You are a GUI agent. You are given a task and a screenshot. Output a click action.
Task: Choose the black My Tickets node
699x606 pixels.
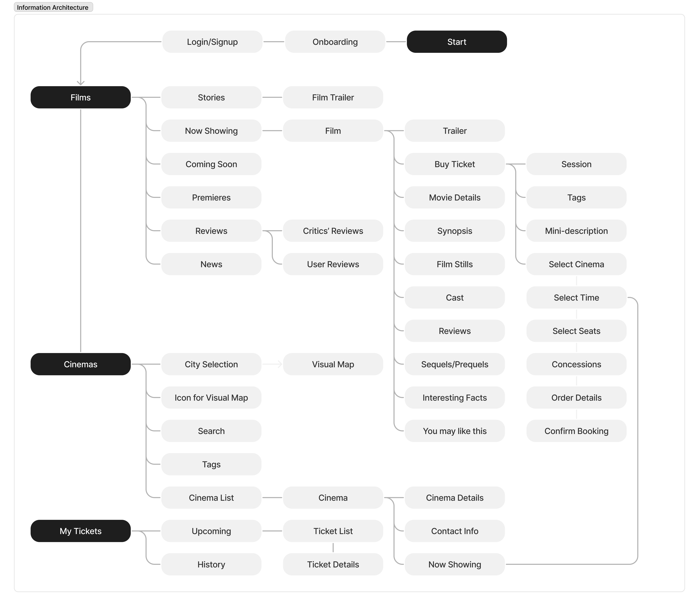[x=81, y=531]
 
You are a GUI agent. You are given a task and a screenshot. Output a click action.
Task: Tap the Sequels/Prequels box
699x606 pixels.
[x=455, y=364]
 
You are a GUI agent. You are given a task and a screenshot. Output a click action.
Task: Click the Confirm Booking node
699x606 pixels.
[x=576, y=431]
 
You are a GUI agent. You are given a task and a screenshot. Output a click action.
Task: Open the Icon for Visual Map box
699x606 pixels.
[x=211, y=398]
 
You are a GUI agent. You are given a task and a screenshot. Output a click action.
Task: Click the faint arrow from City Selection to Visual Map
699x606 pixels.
[x=272, y=364]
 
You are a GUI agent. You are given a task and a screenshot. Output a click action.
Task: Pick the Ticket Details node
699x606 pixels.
[x=333, y=564]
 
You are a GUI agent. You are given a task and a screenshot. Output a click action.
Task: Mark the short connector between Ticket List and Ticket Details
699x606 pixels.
[x=333, y=547]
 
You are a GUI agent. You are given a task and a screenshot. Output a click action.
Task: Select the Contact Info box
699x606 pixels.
[x=455, y=531]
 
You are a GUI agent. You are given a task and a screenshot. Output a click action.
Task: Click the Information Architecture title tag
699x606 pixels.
[x=53, y=7]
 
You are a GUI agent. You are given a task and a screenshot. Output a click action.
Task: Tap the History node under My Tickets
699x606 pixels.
[x=211, y=564]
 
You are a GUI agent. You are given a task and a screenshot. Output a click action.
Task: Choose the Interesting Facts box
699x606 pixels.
[x=455, y=398]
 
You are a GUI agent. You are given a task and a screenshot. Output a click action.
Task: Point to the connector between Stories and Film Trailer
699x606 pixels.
[x=272, y=97]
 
